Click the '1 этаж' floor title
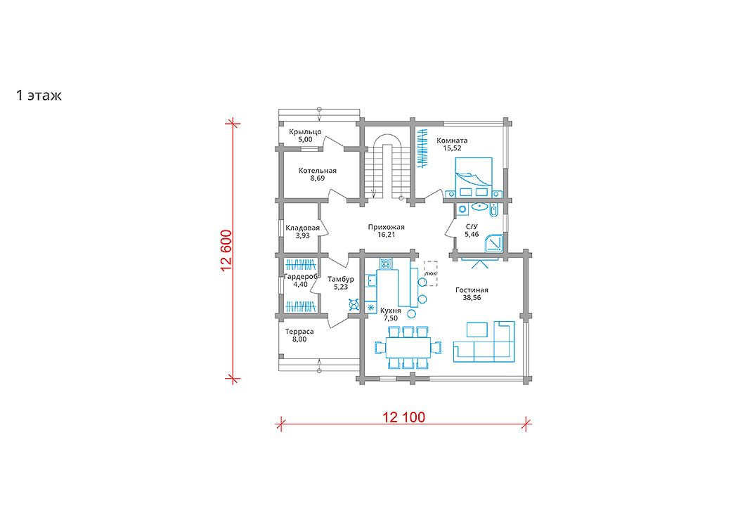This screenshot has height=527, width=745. pyautogui.click(x=39, y=96)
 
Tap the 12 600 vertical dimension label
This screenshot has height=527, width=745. pyautogui.click(x=226, y=250)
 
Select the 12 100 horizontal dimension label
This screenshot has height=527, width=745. pyautogui.click(x=404, y=417)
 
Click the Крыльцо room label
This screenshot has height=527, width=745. pyautogui.click(x=305, y=131)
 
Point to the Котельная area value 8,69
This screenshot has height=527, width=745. pyautogui.click(x=318, y=178)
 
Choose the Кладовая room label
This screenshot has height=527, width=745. pyautogui.click(x=303, y=228)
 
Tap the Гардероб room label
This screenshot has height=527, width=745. pyautogui.click(x=300, y=277)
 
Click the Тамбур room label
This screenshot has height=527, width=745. pyautogui.click(x=341, y=280)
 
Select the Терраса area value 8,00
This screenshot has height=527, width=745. pyautogui.click(x=299, y=339)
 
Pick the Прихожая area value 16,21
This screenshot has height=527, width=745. pyautogui.click(x=387, y=234)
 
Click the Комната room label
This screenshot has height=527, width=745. pyautogui.click(x=452, y=141)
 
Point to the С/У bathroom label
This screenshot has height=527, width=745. pyautogui.click(x=472, y=227)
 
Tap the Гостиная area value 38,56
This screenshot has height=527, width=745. pyautogui.click(x=472, y=297)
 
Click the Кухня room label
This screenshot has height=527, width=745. pyautogui.click(x=391, y=311)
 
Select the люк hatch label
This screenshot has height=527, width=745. pyautogui.click(x=431, y=273)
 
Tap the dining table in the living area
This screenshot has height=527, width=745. pyautogui.click(x=408, y=347)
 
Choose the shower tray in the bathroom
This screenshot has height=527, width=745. pyautogui.click(x=495, y=242)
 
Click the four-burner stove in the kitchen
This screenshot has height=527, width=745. pyautogui.click(x=385, y=263)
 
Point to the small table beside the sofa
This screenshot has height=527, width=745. pyautogui.click(x=477, y=330)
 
